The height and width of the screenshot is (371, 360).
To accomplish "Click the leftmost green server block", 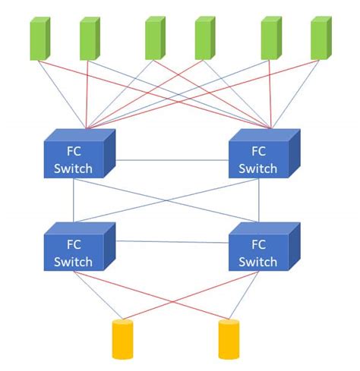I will (x=39, y=39).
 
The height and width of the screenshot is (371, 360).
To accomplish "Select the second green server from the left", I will (x=90, y=39).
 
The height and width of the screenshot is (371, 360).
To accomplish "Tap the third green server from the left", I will (x=155, y=39).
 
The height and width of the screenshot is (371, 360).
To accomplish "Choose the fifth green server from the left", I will (x=270, y=39).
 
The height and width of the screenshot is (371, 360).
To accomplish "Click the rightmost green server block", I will (x=321, y=39).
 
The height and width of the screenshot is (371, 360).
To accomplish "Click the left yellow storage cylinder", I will (x=122, y=338).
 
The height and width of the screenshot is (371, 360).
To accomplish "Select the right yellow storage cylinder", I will (x=228, y=338).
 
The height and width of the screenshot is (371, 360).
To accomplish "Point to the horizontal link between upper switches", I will (x=171, y=160).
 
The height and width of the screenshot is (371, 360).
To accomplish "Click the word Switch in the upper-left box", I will (x=74, y=168).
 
